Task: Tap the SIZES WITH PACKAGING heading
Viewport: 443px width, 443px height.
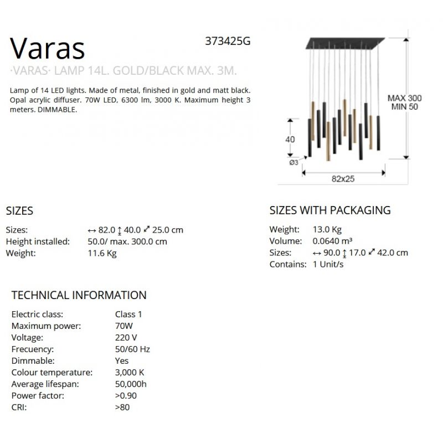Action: pos(330,210)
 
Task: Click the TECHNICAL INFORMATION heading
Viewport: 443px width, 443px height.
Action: pos(79,295)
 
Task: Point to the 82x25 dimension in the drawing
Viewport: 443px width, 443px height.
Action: pos(343,179)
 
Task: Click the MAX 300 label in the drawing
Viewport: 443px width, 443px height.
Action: pos(404,98)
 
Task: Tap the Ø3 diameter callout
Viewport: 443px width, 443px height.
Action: pos(293,162)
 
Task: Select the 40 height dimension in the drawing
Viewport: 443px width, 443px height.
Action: pos(290,140)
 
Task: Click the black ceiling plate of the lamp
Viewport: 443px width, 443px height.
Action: pos(343,42)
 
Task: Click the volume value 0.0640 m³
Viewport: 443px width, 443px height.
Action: pos(333,241)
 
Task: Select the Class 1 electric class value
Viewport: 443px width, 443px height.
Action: pos(128,314)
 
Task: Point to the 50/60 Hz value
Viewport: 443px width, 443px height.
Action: pos(132,349)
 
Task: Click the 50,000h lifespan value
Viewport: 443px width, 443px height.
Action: pos(131,384)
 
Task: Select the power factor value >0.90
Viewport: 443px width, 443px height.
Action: pos(126,395)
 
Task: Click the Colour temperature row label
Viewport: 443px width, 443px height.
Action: pos(52,372)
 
